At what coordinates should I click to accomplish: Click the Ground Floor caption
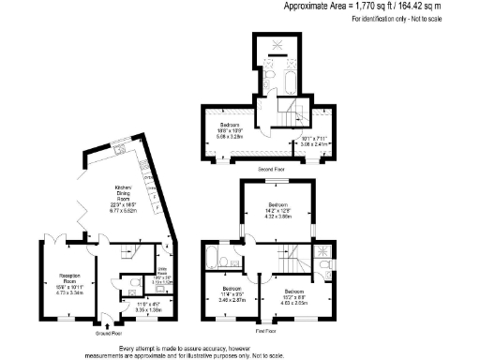click(109, 332)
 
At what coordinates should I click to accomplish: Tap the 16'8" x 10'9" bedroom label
click(231, 130)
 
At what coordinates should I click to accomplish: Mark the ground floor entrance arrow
click(110, 322)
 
